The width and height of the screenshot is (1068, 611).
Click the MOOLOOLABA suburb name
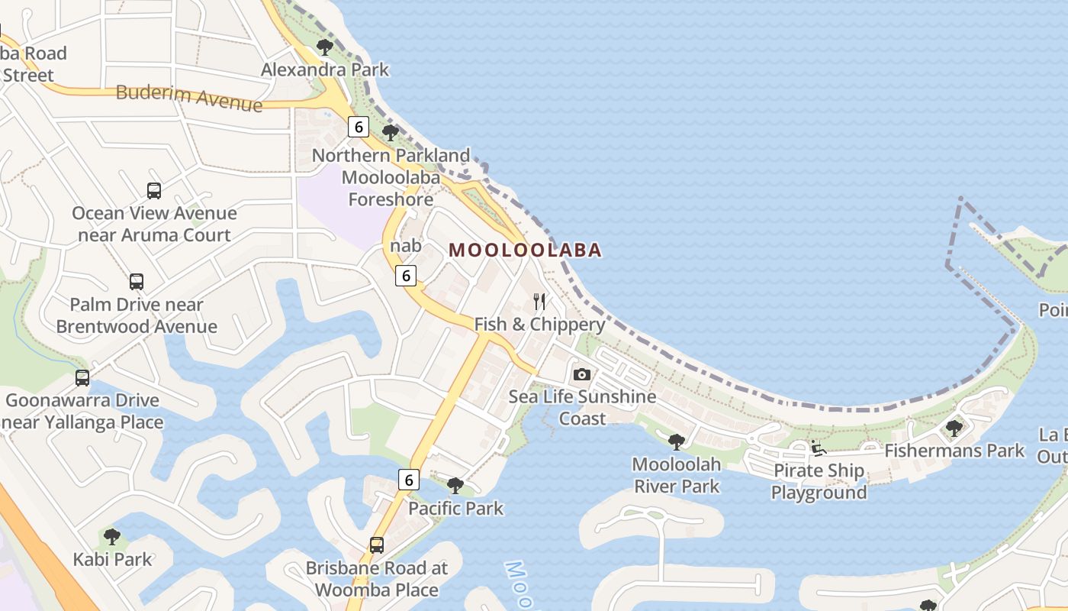[x=526, y=250]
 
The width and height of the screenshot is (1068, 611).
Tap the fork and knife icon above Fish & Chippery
[x=539, y=302]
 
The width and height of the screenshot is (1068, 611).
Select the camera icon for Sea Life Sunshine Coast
[x=582, y=374]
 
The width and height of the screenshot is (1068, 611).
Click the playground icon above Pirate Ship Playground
[x=819, y=448]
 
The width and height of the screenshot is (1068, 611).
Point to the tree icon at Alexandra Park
[x=325, y=47]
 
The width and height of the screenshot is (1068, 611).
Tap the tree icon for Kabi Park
[x=112, y=537]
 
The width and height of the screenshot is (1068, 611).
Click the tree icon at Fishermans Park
[x=954, y=428]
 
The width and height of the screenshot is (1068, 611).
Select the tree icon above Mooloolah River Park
[x=676, y=441]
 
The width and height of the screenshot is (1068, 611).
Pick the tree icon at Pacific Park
[x=455, y=486]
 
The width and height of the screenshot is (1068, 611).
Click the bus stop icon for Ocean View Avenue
[x=154, y=191]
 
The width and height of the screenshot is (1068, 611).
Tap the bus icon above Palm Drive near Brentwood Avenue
[x=137, y=282]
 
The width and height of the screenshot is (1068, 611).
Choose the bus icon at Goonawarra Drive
[x=82, y=378]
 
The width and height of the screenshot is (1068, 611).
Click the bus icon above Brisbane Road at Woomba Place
[x=377, y=545]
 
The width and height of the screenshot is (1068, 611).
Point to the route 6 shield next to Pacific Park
[x=409, y=480]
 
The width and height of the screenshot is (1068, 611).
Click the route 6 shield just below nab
[x=406, y=276]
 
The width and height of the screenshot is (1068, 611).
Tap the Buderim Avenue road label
[x=188, y=97]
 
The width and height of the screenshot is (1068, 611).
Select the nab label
[x=405, y=246]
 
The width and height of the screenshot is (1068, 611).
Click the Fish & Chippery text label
[x=539, y=324]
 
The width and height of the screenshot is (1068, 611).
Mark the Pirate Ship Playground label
[x=819, y=481]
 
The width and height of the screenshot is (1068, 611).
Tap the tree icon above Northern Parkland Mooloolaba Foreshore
[x=391, y=133]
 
